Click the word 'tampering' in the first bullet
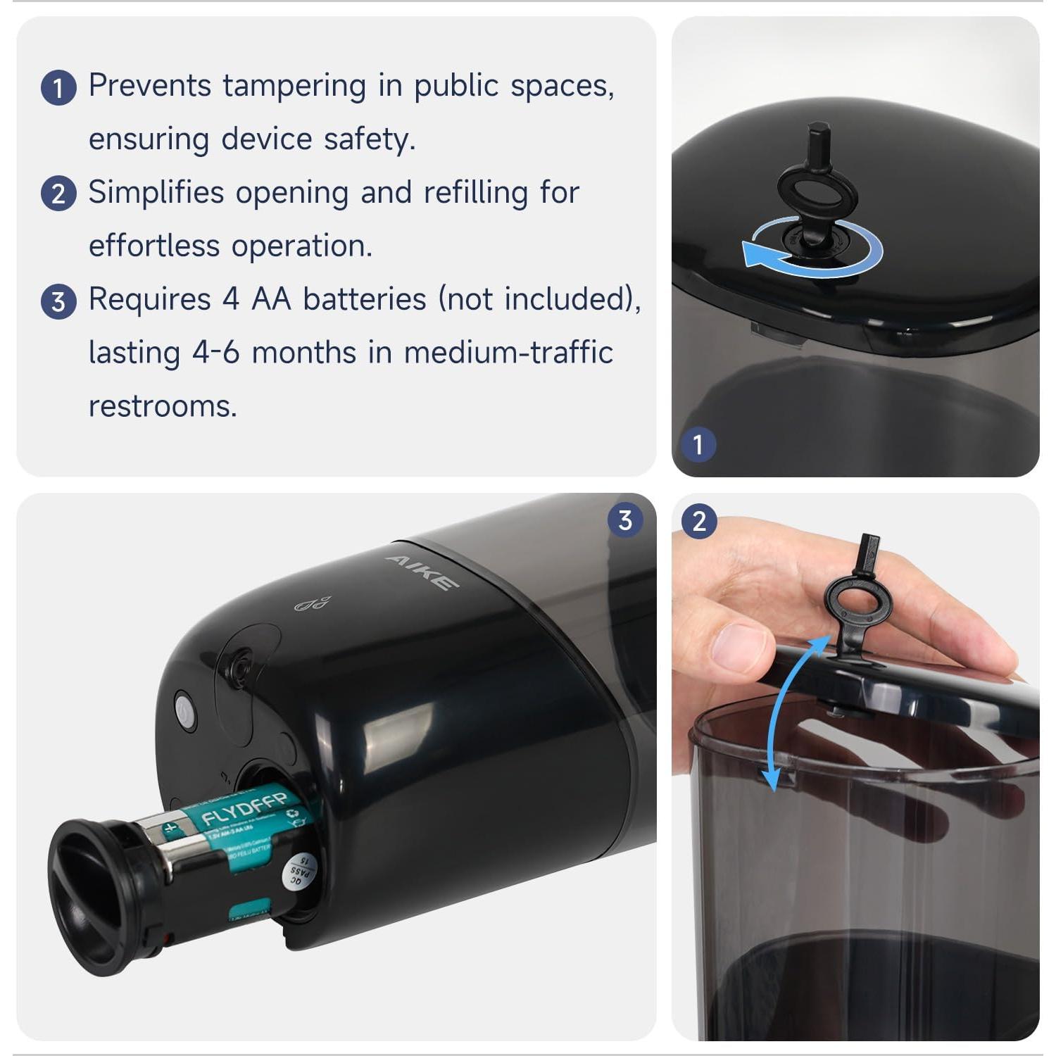tap(294, 87)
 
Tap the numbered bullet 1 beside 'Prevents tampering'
tap(58, 88)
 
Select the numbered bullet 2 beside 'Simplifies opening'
tap(58, 194)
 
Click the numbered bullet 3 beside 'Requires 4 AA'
tap(58, 302)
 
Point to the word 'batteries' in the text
tap(364, 299)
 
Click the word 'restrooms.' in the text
tap(163, 406)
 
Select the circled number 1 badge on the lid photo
tap(698, 445)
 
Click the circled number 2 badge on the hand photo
tap(698, 522)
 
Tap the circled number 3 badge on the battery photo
tap(624, 521)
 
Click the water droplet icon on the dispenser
tap(312, 604)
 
